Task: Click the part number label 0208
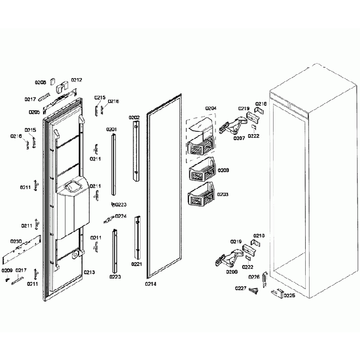[x=40, y=83]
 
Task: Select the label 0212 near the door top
[x=76, y=80]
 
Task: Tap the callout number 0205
[x=34, y=111]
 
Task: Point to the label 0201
[x=111, y=130]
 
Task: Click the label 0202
[x=134, y=118]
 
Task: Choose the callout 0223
[x=121, y=204]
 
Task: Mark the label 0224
[x=120, y=217]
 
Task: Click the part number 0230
[x=16, y=241]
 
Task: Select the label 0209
[x=7, y=270]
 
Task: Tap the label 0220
[x=115, y=276]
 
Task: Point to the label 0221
[x=136, y=265]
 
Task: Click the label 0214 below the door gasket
[x=151, y=284]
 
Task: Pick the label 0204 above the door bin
[x=210, y=109]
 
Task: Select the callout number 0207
[x=239, y=138]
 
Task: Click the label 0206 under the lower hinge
[x=232, y=272]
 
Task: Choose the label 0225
[x=289, y=295]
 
